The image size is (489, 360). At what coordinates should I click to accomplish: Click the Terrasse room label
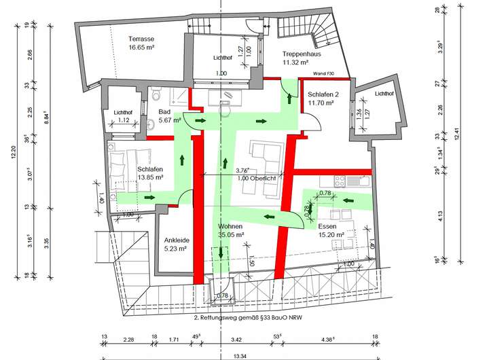coord(141,39)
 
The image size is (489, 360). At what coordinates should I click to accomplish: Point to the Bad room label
coord(164,112)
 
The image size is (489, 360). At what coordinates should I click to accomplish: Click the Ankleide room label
coord(176,240)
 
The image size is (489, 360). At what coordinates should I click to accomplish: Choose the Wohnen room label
coord(230,226)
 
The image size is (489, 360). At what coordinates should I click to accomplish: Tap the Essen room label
coord(327,226)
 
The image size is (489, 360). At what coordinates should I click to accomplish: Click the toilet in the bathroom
coord(156,94)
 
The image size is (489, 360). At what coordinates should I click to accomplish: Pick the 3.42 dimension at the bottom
coord(237,338)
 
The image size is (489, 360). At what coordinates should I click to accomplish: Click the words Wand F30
coord(324,73)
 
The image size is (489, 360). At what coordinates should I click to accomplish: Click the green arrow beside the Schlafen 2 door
coord(291,98)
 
